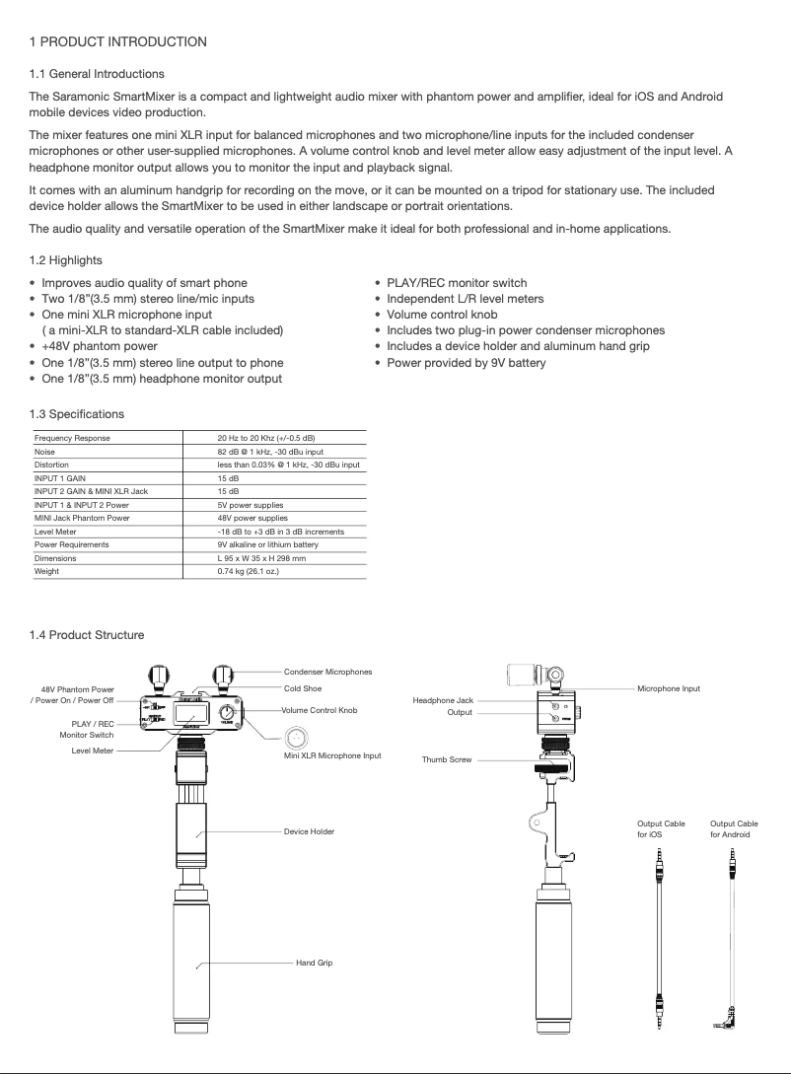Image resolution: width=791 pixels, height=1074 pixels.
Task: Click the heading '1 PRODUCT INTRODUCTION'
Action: click(x=118, y=41)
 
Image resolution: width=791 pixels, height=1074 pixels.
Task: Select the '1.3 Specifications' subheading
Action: click(x=77, y=413)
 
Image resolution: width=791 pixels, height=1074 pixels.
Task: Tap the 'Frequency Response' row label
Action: click(x=72, y=438)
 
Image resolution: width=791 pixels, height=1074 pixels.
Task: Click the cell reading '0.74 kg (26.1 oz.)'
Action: click(x=249, y=570)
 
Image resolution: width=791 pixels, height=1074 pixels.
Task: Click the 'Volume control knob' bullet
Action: click(x=442, y=315)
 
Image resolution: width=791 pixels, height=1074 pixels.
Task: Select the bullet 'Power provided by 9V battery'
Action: click(x=466, y=362)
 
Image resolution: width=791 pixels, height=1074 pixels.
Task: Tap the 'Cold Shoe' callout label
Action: click(x=303, y=688)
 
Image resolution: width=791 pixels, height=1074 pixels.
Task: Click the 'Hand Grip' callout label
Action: click(x=314, y=962)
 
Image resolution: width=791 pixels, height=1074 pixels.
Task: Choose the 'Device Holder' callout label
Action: click(x=309, y=831)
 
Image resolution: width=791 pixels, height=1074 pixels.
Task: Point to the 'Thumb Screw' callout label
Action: click(x=447, y=760)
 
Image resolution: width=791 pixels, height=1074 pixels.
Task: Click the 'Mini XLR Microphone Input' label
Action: click(x=332, y=755)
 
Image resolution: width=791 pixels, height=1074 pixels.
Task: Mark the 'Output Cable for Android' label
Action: click(x=734, y=828)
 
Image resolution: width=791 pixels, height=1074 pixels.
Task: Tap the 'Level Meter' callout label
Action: click(x=93, y=751)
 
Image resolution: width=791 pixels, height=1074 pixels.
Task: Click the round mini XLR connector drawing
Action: click(x=298, y=737)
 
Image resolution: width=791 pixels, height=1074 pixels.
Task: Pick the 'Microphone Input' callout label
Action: click(x=669, y=688)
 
